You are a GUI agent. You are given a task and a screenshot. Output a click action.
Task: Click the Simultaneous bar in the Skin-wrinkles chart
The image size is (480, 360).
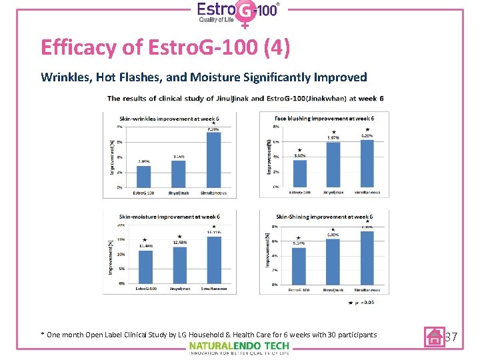pyautogui.click(x=213, y=160)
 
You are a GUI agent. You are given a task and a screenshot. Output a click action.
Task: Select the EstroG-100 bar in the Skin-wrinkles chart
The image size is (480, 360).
pyautogui.click(x=144, y=177)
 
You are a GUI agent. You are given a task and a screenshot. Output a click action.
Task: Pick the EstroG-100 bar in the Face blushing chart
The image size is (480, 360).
pyautogui.click(x=299, y=173)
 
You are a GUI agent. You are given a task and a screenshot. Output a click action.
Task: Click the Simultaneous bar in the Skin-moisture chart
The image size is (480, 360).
pyautogui.click(x=213, y=260)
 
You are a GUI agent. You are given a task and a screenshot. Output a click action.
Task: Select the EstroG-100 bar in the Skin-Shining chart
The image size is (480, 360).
pyautogui.click(x=299, y=266)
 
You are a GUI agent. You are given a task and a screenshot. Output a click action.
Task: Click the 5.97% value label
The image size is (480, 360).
pyautogui.click(x=333, y=138)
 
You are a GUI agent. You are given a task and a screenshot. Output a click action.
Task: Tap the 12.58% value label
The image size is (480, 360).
pyautogui.click(x=179, y=242)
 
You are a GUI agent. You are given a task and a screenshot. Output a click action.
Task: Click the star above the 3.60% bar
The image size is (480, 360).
pyautogui.click(x=299, y=150)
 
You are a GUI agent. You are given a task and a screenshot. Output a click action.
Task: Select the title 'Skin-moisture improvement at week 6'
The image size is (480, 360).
pyautogui.click(x=169, y=217)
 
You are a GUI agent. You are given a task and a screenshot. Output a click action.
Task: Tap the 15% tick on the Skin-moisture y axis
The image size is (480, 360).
pyautogui.click(x=121, y=240)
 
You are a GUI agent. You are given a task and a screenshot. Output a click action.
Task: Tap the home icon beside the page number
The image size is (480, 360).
pyautogui.click(x=435, y=337)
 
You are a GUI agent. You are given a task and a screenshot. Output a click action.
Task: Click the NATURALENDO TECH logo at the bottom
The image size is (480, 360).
pyautogui.click(x=239, y=346)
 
